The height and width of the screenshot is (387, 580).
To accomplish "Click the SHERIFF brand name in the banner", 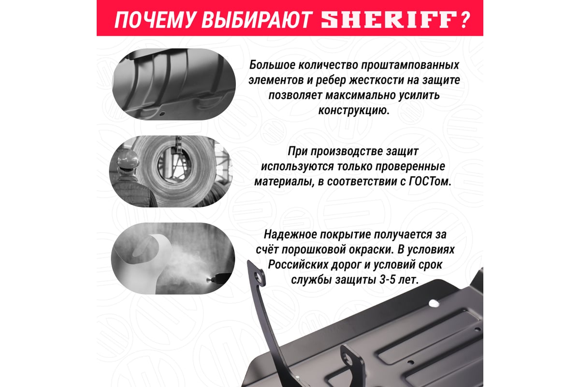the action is click(x=389, y=20).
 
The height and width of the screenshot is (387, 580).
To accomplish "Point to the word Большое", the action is click(x=271, y=65).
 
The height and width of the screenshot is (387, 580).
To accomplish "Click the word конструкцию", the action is click(x=354, y=111).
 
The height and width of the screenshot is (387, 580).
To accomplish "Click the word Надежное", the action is click(x=290, y=235).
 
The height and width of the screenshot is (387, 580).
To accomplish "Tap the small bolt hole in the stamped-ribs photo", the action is click(x=162, y=113).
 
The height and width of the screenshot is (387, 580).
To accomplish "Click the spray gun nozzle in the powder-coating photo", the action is click(x=210, y=280).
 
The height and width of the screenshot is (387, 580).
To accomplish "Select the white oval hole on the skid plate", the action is click(x=434, y=303).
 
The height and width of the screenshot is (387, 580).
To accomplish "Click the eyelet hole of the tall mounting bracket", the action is click(x=258, y=276).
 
